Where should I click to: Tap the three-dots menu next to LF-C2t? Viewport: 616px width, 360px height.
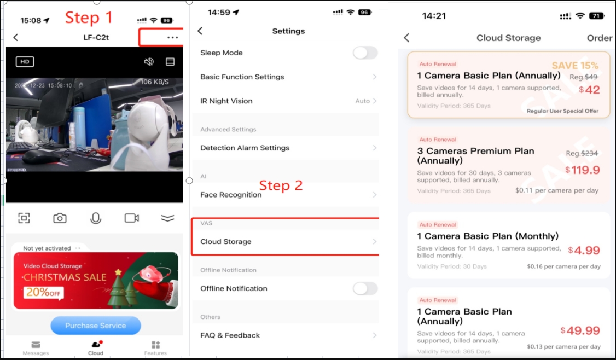[x=172, y=37]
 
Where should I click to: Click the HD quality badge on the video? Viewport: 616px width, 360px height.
[x=25, y=62]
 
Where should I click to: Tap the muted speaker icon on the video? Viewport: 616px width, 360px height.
[x=149, y=62]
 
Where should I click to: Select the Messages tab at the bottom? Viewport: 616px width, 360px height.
[x=36, y=347]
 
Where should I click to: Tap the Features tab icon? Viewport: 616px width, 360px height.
[x=155, y=345]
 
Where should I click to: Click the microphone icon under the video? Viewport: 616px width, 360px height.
[x=96, y=218]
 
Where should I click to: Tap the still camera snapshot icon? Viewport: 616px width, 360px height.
[x=60, y=218]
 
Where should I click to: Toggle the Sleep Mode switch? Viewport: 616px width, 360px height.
[x=365, y=53]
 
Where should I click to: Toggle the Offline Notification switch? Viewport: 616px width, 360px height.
[x=365, y=288]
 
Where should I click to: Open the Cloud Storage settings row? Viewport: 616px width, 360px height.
[x=284, y=241]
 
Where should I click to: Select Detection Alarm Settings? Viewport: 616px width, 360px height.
[x=284, y=148]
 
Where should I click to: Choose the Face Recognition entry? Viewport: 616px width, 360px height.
[x=284, y=195]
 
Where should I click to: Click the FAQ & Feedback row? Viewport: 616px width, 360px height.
[x=284, y=335]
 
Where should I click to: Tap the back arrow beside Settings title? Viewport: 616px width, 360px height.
[x=200, y=31]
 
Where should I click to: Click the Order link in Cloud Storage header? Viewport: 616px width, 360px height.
[x=600, y=38]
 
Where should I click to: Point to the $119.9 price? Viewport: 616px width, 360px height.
[x=583, y=170]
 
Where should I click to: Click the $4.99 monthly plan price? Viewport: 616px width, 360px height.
[x=584, y=251]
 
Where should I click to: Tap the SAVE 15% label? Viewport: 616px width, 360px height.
[x=575, y=66]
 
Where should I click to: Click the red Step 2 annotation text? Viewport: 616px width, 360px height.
[x=281, y=185]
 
